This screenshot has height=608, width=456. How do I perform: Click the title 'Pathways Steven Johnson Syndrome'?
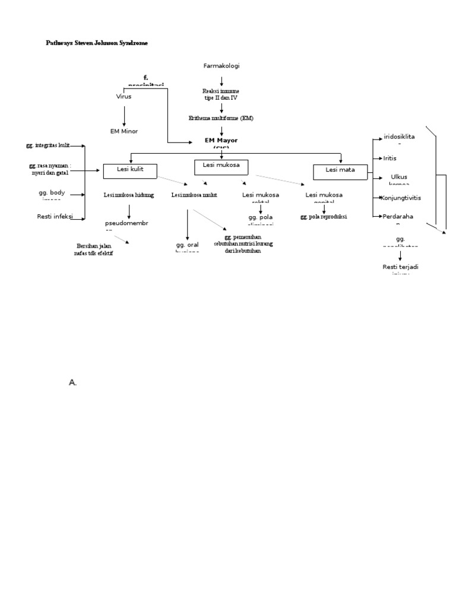(97, 43)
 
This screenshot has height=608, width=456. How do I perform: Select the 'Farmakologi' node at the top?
(221, 66)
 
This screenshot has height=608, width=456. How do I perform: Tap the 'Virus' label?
(123, 96)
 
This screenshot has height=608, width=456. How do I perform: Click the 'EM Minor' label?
(123, 131)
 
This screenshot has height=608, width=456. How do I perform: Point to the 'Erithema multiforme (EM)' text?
(221, 118)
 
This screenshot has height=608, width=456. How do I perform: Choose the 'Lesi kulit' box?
(130, 171)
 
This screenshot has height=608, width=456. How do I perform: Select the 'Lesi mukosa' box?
(221, 166)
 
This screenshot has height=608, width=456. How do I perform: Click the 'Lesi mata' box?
(340, 171)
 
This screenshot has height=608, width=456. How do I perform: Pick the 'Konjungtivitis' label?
(400, 197)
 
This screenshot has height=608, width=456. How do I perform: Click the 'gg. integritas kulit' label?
(48, 145)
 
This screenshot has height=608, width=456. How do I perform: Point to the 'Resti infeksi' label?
(54, 217)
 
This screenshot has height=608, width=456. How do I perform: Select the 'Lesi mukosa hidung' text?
(129, 195)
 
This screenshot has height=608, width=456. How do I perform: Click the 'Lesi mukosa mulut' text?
(194, 195)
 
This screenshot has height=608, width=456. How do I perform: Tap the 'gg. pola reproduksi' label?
(324, 217)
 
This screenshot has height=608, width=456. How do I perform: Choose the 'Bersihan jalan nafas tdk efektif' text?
(94, 249)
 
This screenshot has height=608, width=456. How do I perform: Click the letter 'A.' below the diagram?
(73, 383)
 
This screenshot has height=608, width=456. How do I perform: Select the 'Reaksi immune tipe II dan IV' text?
(221, 94)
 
